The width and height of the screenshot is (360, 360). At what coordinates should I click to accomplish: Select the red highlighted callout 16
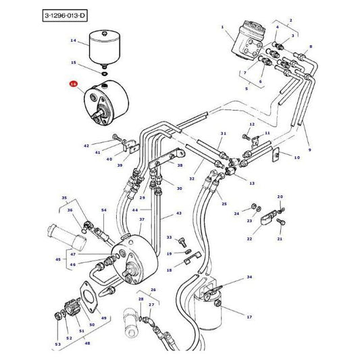coord(74,84)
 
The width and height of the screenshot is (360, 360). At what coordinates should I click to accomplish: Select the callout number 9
coord(309,149)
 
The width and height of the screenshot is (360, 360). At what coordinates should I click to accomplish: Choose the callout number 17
coord(248,316)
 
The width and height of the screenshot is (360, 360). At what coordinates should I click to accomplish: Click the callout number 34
coord(249,278)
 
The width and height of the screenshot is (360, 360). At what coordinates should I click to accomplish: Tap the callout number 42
coord(86,146)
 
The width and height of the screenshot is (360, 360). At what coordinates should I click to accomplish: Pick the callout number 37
coord(143,220)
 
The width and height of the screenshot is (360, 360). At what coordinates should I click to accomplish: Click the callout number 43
coord(179,213)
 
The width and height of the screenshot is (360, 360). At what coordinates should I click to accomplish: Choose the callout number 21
coord(280,238)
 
